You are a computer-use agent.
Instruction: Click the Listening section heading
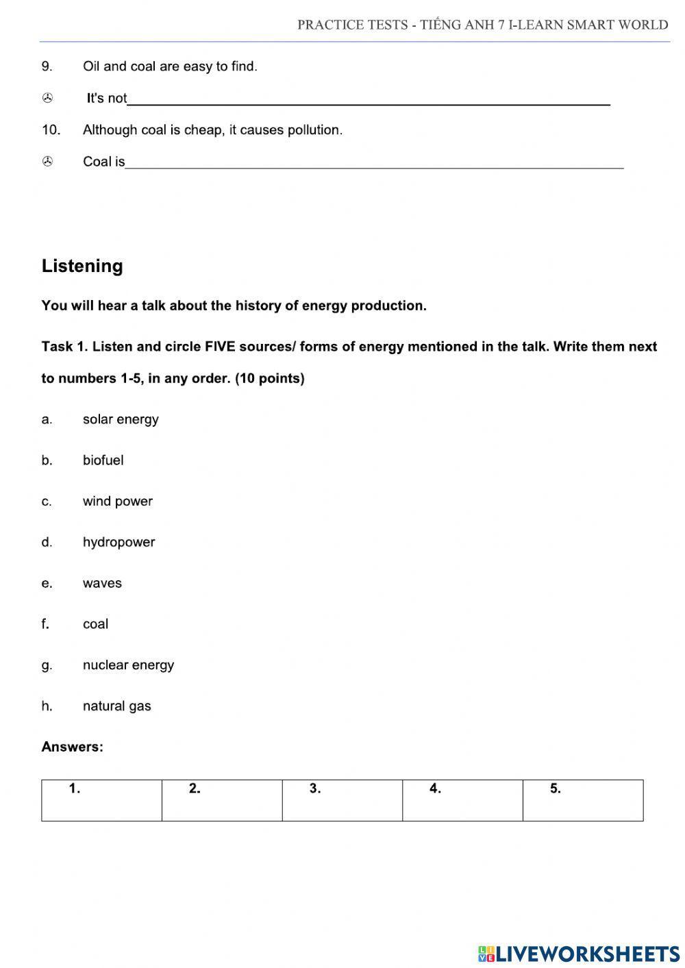tap(82, 266)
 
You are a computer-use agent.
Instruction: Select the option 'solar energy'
tap(121, 419)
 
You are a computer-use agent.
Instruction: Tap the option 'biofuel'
tap(103, 460)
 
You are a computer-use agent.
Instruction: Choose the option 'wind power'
tap(117, 501)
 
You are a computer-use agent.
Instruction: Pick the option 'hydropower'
tap(119, 542)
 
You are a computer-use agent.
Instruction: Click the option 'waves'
tap(102, 583)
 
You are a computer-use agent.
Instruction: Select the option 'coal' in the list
tap(95, 624)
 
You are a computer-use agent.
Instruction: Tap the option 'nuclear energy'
tap(128, 665)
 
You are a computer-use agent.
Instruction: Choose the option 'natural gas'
tap(116, 706)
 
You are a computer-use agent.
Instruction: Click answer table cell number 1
tap(101, 800)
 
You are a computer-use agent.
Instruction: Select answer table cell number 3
tap(342, 800)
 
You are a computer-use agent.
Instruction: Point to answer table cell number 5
tap(582, 800)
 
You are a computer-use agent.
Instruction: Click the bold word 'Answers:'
tap(72, 747)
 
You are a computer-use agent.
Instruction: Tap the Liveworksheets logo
tap(579, 953)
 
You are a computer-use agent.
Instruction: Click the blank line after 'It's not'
tap(369, 99)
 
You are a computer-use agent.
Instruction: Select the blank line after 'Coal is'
tap(374, 162)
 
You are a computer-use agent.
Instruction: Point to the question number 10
tap(51, 129)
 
